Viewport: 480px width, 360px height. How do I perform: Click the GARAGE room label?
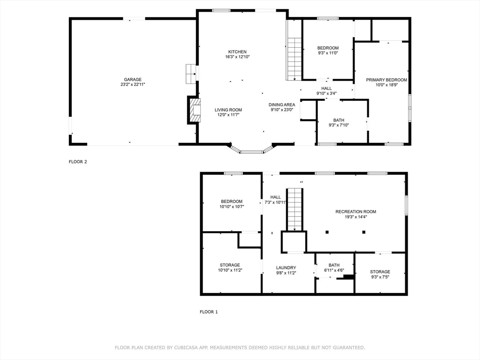(x=133, y=79)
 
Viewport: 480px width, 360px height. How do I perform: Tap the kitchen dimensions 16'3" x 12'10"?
(x=237, y=57)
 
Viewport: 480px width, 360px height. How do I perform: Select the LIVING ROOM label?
(x=228, y=110)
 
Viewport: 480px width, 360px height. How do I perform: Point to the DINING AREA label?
(x=282, y=105)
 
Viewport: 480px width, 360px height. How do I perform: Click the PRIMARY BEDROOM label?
(x=386, y=80)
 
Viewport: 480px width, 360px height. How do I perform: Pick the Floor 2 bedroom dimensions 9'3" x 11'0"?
(x=328, y=53)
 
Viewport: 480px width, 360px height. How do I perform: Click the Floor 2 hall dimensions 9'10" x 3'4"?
(x=326, y=93)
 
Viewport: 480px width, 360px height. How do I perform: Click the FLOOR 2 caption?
(x=78, y=162)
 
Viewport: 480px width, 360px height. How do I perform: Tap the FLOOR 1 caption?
(x=209, y=312)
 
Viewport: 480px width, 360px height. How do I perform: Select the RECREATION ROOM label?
(x=355, y=211)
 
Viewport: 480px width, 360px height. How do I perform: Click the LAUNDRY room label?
(x=285, y=268)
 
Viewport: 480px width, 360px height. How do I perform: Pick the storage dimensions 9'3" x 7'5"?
(x=380, y=277)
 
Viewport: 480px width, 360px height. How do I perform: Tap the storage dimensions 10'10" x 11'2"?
(x=230, y=270)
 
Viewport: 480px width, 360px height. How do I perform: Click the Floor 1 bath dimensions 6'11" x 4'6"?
(x=334, y=270)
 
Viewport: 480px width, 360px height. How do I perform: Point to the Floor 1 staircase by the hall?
(x=294, y=209)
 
